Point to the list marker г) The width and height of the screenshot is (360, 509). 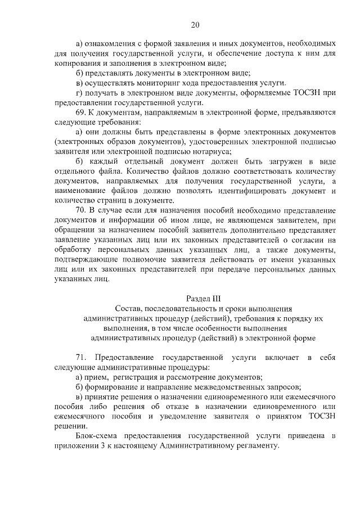tap(79, 93)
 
